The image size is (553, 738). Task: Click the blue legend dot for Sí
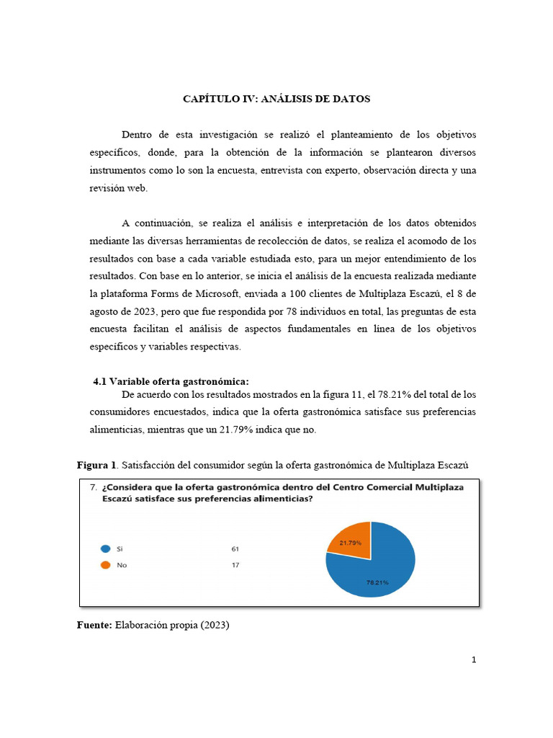click(106, 548)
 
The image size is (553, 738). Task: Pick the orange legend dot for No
click(106, 565)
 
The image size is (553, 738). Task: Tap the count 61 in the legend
click(235, 548)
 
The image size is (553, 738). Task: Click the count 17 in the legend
click(235, 565)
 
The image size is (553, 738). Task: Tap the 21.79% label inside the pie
click(351, 542)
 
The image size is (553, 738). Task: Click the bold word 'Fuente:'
click(94, 626)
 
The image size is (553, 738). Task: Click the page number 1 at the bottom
click(474, 659)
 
